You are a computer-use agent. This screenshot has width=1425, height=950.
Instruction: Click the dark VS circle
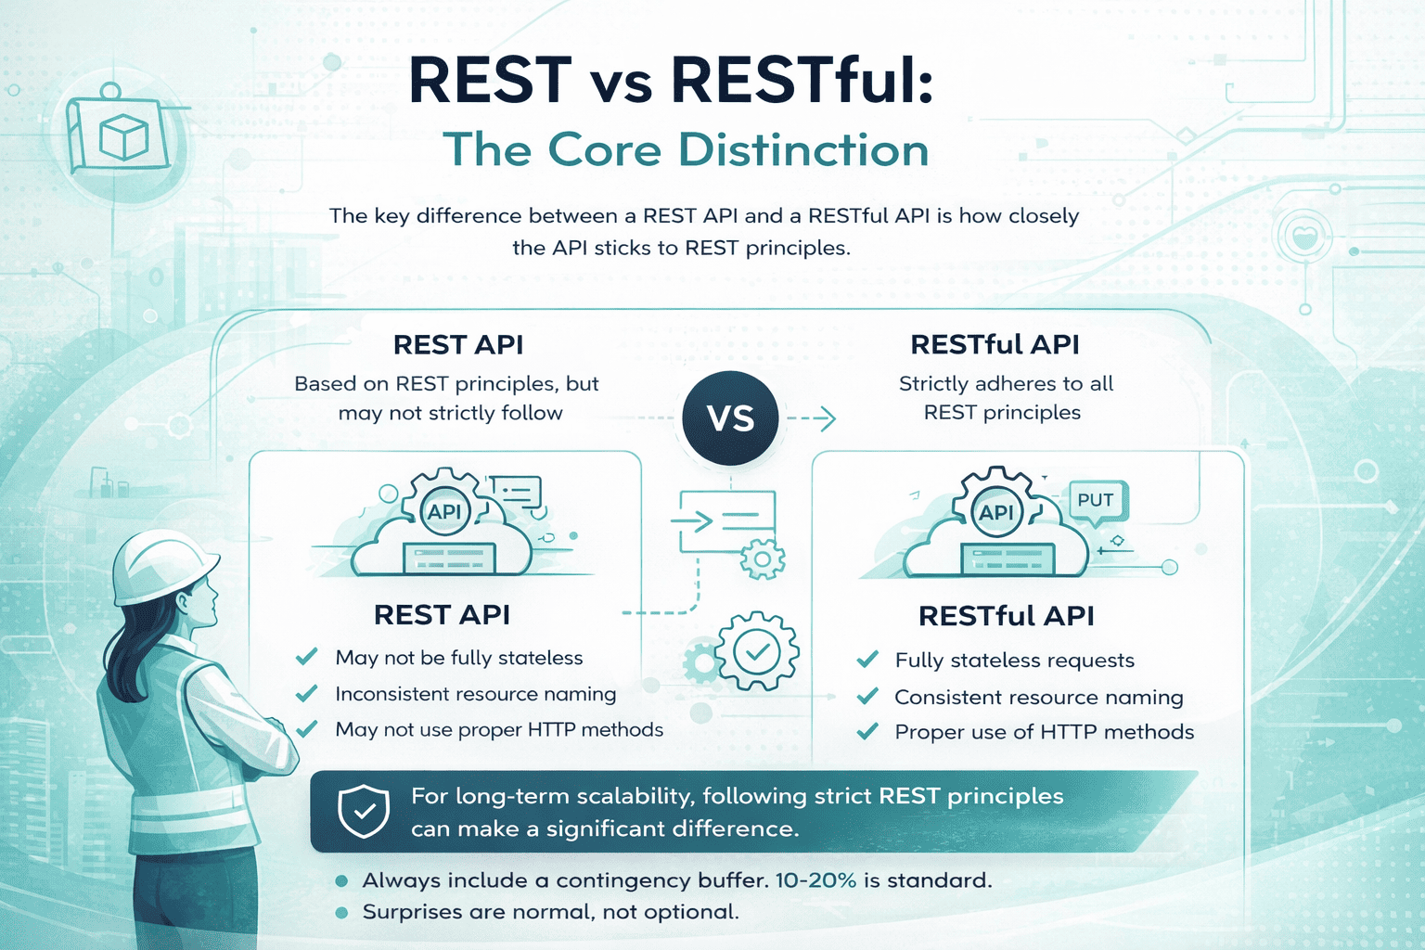coord(730,417)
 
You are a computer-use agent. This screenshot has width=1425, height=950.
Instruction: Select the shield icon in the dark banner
coord(364,811)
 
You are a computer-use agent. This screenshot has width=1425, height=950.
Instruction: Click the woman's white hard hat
coord(163,565)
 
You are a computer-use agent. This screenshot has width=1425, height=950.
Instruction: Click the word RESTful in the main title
coord(802,80)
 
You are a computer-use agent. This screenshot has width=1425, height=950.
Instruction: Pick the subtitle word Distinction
coord(803,150)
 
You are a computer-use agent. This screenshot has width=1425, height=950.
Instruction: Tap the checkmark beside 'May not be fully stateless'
coord(307,656)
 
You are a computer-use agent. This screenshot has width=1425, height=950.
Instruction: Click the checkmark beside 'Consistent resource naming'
coord(867,696)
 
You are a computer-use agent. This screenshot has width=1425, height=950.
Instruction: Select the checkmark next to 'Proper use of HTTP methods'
coord(867,731)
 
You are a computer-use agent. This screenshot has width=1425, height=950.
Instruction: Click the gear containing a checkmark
coord(757,651)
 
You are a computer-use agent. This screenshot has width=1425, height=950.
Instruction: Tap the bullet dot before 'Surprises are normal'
coord(341,913)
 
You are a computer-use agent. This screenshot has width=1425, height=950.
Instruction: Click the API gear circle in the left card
coord(444,511)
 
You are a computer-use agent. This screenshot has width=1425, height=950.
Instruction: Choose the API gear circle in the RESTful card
coord(996,511)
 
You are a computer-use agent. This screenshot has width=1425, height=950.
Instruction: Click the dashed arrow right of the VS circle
coord(811,418)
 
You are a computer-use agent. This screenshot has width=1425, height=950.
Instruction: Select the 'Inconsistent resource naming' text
coord(476,694)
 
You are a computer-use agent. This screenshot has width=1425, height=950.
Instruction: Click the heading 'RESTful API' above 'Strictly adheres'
coord(995,344)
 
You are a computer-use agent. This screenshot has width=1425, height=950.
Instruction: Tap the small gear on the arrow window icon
coord(763,558)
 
